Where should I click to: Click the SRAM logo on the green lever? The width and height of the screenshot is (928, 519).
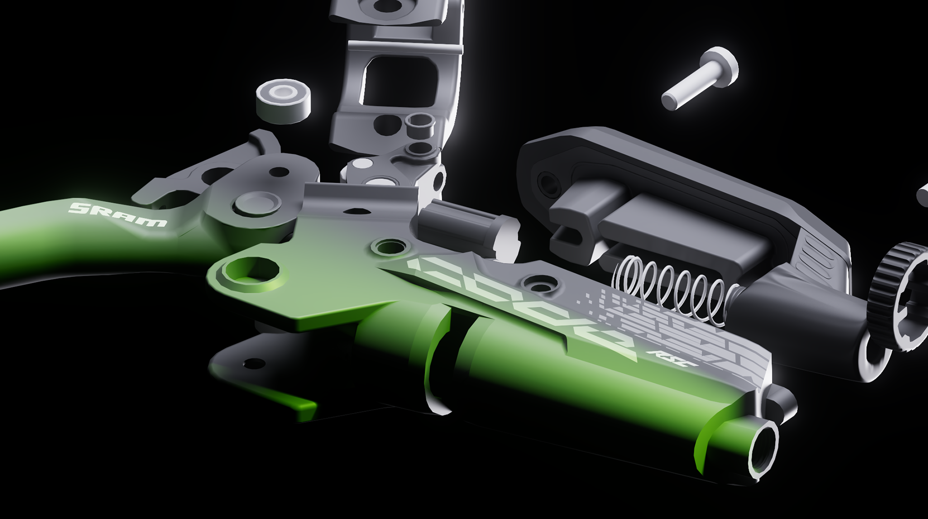point(118,215)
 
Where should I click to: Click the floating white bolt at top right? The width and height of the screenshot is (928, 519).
point(699,78)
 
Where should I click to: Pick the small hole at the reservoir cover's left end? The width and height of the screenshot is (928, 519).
point(548,182)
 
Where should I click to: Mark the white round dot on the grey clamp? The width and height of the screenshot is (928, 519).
point(360,164)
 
